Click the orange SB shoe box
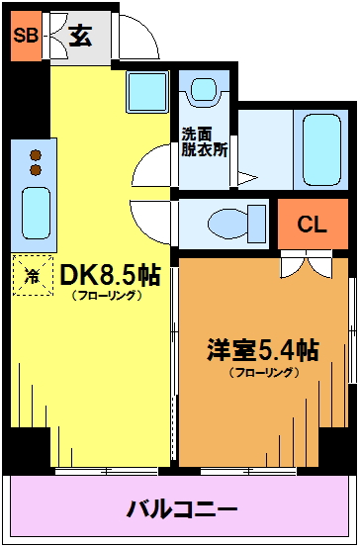26,36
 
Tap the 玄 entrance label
80,37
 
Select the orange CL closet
313,224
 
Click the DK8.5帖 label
110,276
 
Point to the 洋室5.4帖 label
263,351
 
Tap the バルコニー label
182,509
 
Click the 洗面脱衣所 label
205,142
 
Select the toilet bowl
236,224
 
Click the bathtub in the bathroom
321,150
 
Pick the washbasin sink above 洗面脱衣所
204,89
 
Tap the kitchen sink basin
36,213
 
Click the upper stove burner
36,155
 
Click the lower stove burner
36,170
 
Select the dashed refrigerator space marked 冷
33,276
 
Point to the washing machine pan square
147,92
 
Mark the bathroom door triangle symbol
247,178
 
